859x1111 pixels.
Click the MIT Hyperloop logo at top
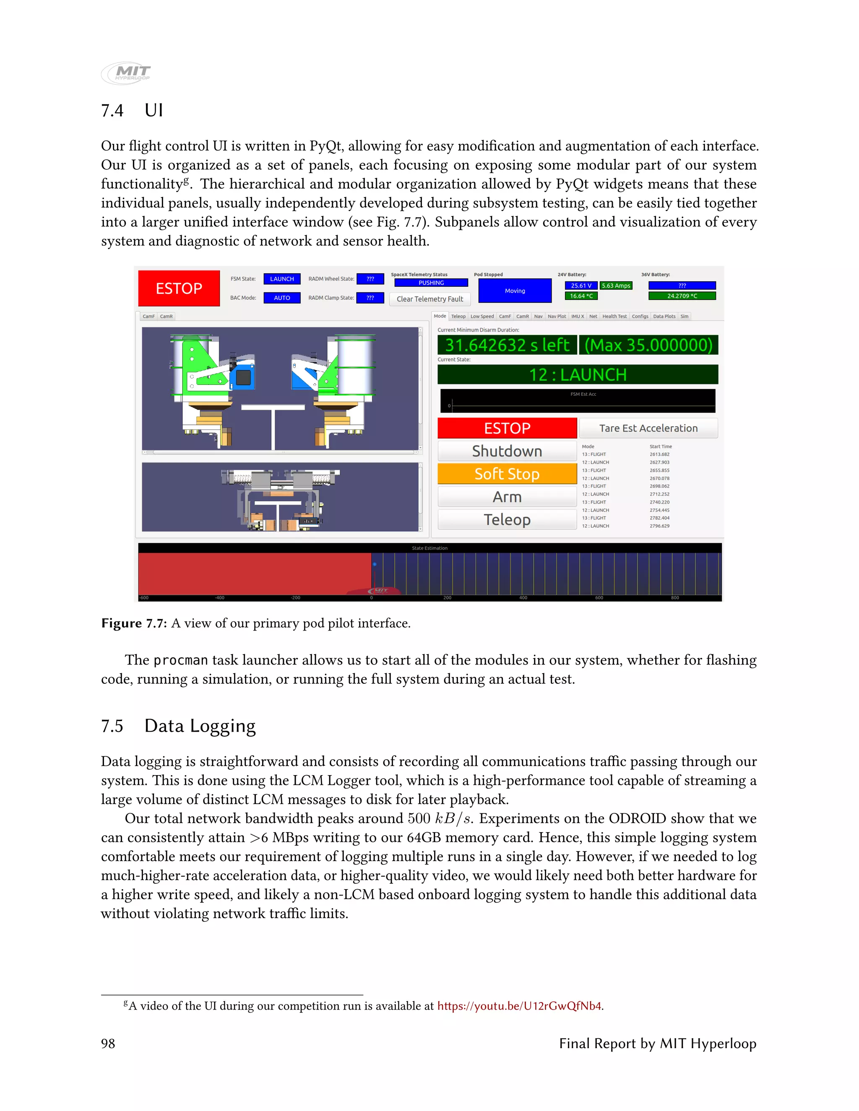126,73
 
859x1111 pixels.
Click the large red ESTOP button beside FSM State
179,288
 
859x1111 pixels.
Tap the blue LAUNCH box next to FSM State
282,279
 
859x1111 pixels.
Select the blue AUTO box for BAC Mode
282,298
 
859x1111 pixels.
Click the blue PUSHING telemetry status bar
431,283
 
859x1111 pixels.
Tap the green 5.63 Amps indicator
616,286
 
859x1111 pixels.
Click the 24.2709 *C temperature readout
682,296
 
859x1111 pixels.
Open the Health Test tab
614,317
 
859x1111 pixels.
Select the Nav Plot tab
557,317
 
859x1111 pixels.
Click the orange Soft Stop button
507,474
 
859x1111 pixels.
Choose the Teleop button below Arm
507,519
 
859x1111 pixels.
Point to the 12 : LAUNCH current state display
578,375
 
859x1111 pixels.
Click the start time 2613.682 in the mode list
659,454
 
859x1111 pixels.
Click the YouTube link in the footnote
519,1006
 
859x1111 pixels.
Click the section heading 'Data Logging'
200,726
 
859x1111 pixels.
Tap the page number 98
108,1044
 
